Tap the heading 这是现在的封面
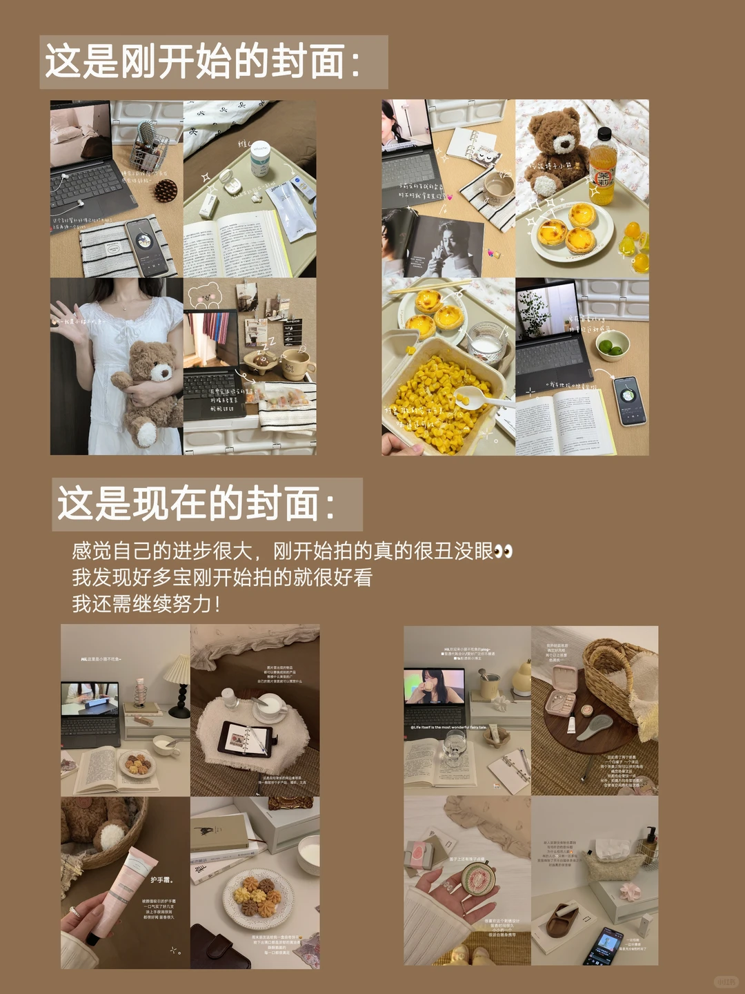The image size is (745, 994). point(197,503)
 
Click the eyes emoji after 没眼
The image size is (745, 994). point(504,552)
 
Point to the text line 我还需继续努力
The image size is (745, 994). point(146,604)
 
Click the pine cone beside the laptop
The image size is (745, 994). point(166,190)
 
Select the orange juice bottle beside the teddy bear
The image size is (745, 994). point(602,169)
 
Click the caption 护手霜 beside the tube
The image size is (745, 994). point(161,879)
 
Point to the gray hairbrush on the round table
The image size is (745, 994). point(596,728)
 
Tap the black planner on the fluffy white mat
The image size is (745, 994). point(245,739)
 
